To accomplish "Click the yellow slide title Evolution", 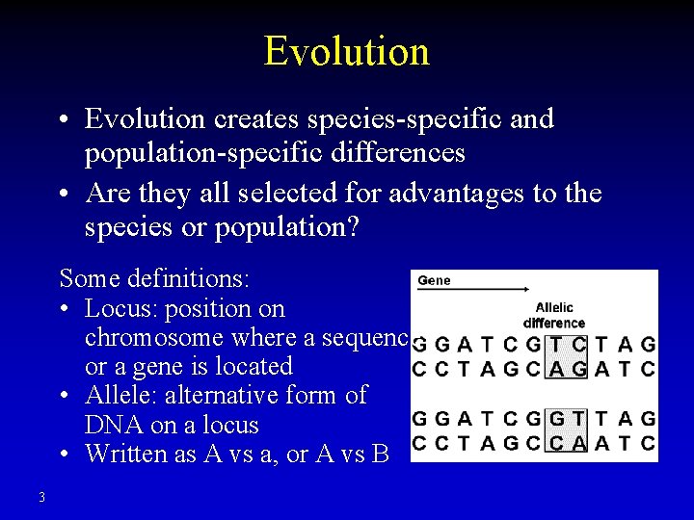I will click(346, 50).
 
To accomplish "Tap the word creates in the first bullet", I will click(255, 118).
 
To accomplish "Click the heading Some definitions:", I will click(154, 279).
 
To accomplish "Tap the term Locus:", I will click(117, 309).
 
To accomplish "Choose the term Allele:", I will click(120, 396).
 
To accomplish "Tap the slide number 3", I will click(41, 497).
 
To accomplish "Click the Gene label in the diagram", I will click(434, 280).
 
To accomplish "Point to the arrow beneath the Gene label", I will click(472, 289).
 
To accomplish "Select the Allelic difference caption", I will click(553, 316).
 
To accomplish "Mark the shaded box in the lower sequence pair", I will click(566, 430).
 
